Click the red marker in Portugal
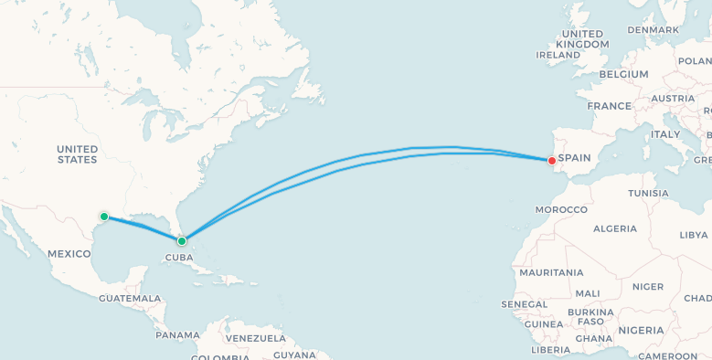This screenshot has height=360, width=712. point(551,161)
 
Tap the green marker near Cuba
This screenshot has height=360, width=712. point(182,241)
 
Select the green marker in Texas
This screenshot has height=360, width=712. point(104,217)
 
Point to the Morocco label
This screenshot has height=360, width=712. point(561,209)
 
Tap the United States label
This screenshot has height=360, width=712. point(77,154)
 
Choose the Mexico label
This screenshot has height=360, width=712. point(69,253)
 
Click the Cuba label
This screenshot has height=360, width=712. point(177,258)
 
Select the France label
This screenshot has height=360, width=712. point(609,106)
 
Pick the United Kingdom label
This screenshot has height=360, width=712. point(582,38)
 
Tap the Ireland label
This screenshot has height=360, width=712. point(558,55)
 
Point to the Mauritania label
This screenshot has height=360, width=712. point(551,272)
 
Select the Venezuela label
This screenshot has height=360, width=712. point(256,338)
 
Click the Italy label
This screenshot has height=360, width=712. point(665,133)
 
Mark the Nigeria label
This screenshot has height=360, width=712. point(641,330)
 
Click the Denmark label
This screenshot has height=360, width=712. point(653,29)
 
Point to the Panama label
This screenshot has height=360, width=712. point(177,334)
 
